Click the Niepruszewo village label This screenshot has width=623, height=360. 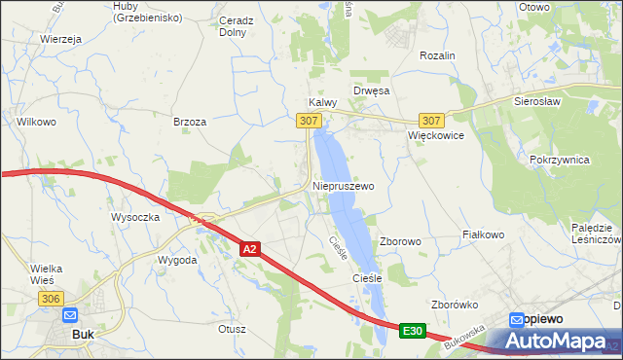pyautogui.click(x=343, y=184)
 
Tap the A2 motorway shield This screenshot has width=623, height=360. pyautogui.click(x=249, y=250)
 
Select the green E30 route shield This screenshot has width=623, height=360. pyautogui.click(x=412, y=332)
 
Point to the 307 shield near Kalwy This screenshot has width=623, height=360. pyautogui.click(x=308, y=120)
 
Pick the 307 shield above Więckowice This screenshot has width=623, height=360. pyautogui.click(x=434, y=121)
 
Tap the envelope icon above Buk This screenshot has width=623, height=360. pyautogui.click(x=70, y=315)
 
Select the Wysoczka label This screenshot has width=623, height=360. pyautogui.click(x=135, y=216)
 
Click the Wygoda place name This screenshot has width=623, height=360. pyautogui.click(x=178, y=261)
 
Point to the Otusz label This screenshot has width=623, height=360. pyautogui.click(x=232, y=329)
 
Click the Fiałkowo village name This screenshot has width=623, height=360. pyautogui.click(x=483, y=234)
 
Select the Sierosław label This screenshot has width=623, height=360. pyautogui.click(x=542, y=100)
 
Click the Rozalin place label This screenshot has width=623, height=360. pyautogui.click(x=437, y=56)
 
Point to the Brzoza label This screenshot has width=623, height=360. pyautogui.click(x=189, y=122)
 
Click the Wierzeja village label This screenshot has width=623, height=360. pyautogui.click(x=60, y=39)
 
